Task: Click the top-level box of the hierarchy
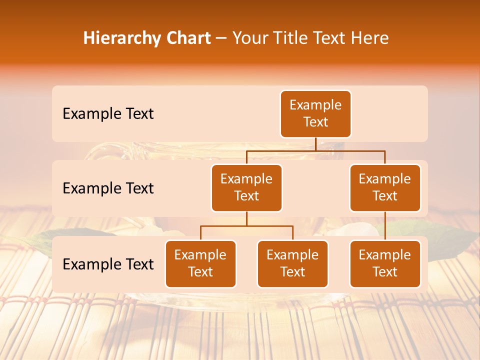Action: [315, 113]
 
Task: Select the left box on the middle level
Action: [246, 187]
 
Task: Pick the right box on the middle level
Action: [385, 187]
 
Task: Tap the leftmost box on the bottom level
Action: [200, 263]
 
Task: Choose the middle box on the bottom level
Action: [292, 263]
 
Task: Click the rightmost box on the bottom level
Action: [385, 263]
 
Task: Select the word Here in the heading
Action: [370, 38]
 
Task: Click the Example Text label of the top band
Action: [108, 114]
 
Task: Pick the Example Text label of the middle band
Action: [108, 188]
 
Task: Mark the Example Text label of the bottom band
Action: [108, 264]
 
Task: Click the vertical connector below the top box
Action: [315, 144]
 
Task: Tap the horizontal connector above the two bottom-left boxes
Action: [246, 226]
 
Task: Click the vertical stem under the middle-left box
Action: [246, 218]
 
